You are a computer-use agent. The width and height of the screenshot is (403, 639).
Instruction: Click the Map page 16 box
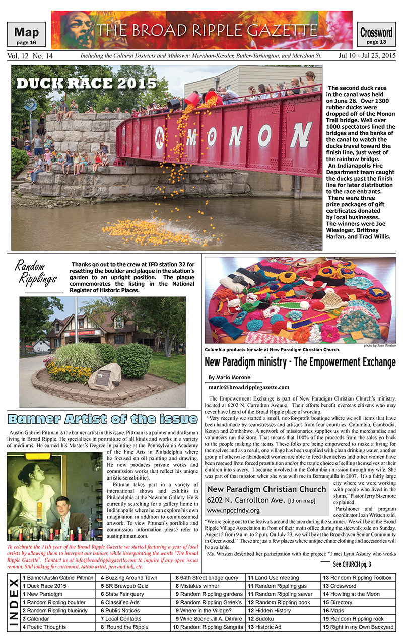coord(26,35)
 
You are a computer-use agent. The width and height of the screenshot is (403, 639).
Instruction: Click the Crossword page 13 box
coord(376,36)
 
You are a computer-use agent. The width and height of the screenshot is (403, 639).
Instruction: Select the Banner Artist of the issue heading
coord(103,419)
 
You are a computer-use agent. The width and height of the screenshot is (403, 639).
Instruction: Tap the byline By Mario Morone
coord(229,377)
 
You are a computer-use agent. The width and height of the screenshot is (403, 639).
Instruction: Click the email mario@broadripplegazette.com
coord(249,387)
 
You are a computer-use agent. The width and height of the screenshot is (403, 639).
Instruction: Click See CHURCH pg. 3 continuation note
coord(352,564)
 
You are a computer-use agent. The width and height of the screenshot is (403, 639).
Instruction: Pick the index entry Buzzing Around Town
coord(132,578)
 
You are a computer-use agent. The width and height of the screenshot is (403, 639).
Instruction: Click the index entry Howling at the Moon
coord(359,594)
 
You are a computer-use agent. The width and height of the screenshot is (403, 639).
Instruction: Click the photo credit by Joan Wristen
coord(379,346)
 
